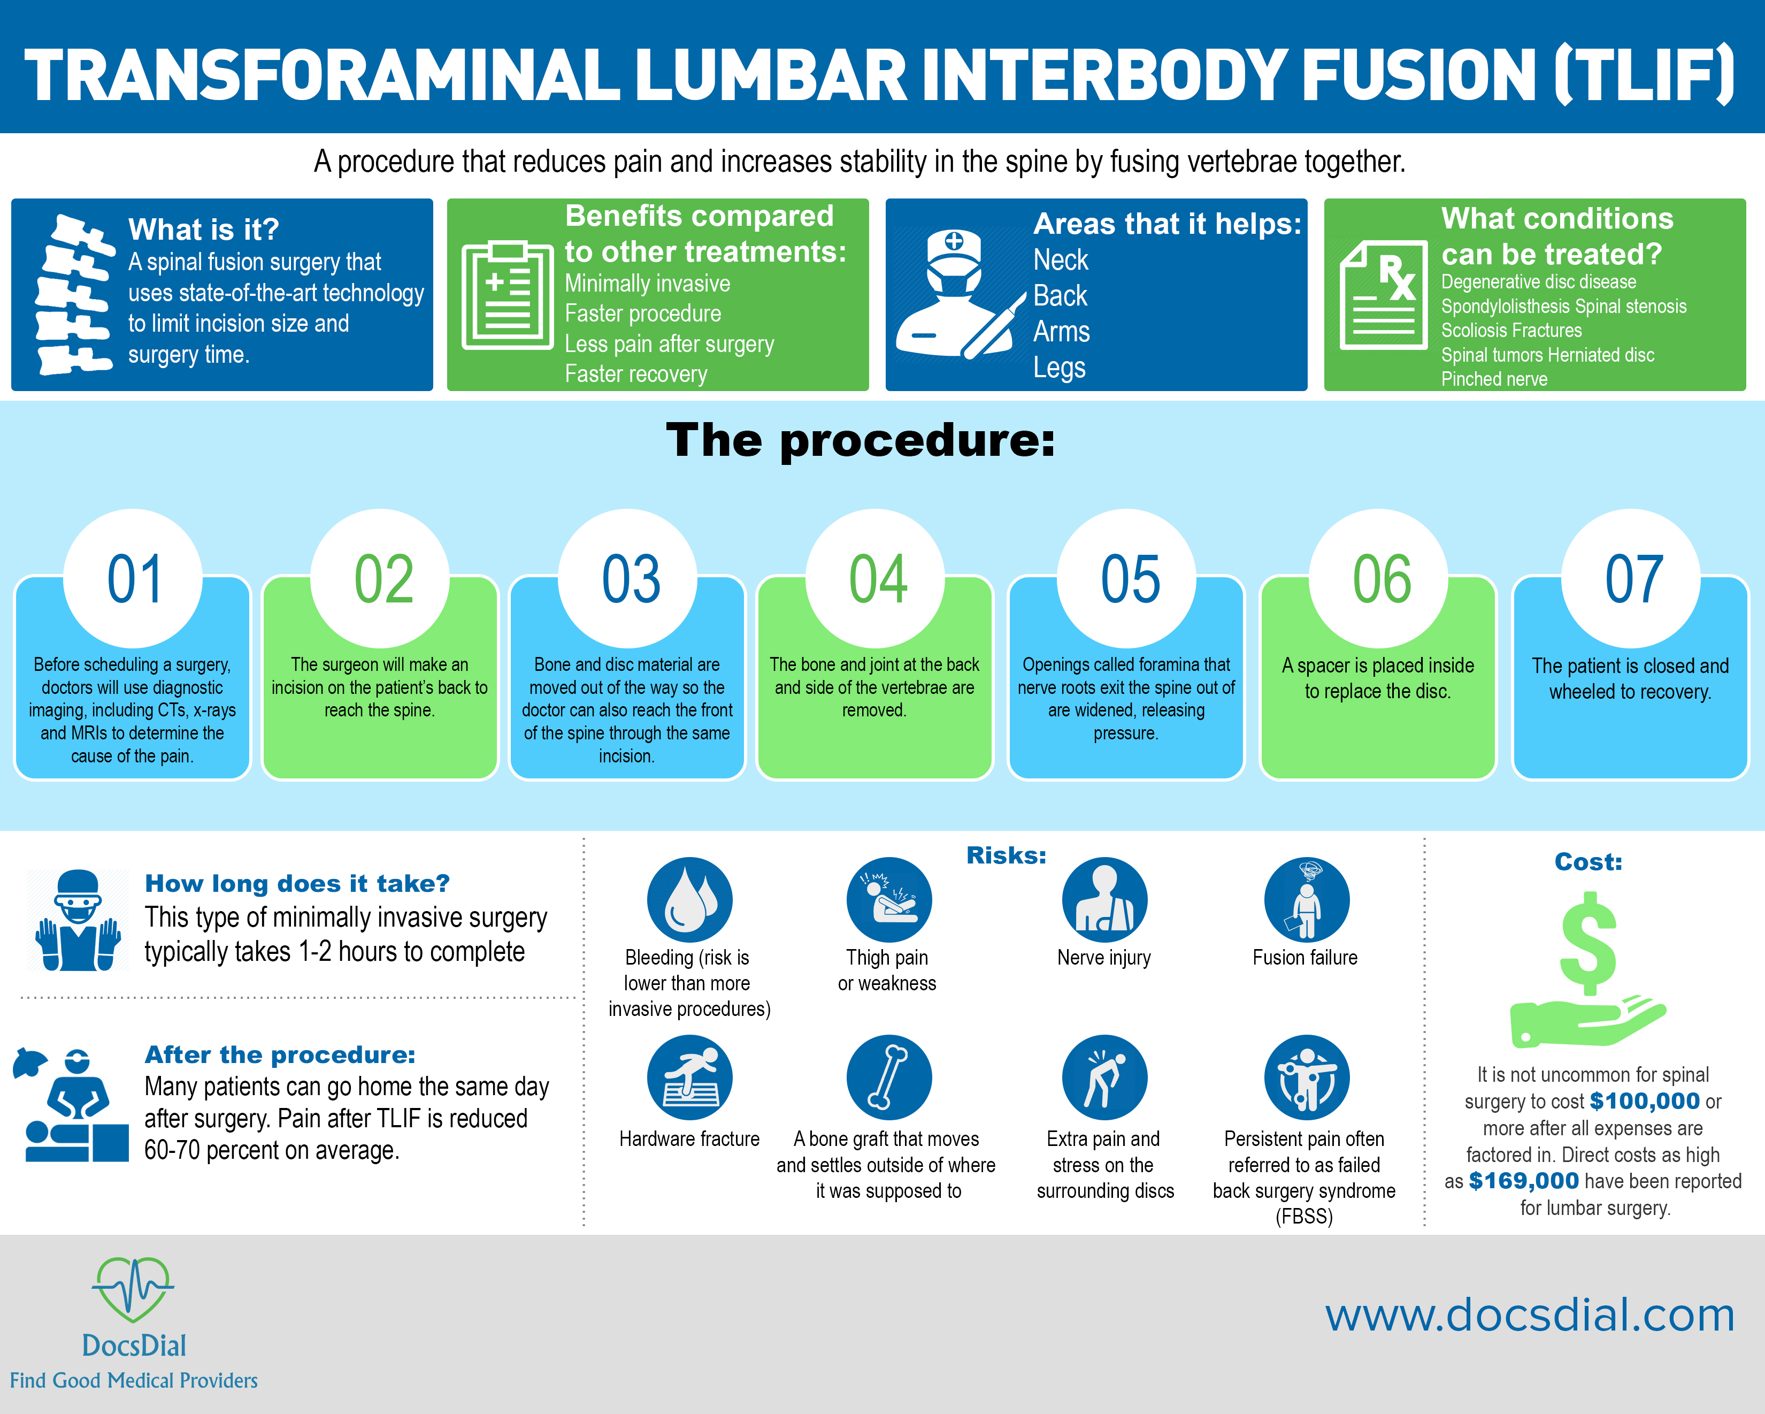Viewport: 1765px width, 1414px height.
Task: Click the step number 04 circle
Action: coord(877,578)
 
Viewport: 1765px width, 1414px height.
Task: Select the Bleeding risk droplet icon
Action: coord(689,900)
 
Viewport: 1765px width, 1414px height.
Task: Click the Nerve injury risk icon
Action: coord(1104,900)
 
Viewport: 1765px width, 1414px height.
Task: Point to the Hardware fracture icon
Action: coord(689,1077)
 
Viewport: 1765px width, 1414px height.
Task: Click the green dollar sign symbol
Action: coord(1588,943)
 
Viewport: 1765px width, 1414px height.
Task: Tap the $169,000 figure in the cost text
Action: coord(1523,1181)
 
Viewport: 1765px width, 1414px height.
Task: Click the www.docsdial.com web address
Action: coord(1529,1315)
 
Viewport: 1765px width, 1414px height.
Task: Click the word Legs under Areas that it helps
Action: coord(1060,368)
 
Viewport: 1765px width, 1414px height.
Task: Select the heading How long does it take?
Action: coord(297,883)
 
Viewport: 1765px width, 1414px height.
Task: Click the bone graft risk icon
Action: coord(888,1077)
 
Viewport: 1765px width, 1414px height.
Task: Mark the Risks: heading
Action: coord(1006,855)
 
